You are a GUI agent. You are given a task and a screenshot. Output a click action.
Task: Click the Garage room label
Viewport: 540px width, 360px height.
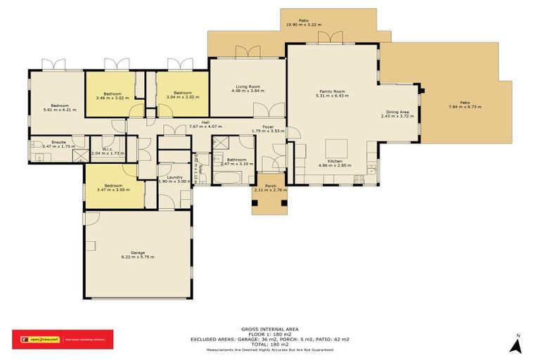tap(137, 252)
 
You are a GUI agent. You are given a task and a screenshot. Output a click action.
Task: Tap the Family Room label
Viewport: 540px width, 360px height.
tap(332, 91)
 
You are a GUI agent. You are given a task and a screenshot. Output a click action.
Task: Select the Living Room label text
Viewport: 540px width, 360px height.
tap(247, 86)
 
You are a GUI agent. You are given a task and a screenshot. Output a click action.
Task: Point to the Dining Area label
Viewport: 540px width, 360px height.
tap(398, 112)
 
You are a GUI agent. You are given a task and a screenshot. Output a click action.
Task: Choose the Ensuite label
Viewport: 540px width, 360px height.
tap(49, 141)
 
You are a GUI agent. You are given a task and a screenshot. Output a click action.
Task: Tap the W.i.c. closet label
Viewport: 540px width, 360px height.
tap(108, 148)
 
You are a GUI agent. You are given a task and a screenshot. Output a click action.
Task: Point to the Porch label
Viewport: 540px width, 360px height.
tap(270, 186)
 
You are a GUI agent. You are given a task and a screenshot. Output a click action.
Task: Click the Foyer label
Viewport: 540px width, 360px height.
tap(268, 127)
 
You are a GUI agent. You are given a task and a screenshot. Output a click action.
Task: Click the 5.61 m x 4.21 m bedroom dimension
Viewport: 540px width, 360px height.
tap(58, 110)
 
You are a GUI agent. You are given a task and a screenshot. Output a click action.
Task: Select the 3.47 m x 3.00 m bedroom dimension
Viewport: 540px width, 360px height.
tap(113, 189)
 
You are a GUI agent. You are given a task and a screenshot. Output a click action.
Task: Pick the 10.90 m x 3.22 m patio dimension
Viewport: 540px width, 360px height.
tap(304, 25)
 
